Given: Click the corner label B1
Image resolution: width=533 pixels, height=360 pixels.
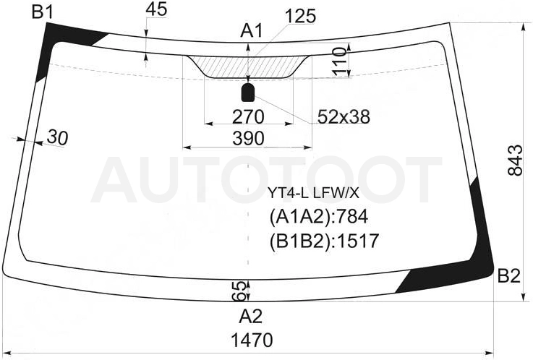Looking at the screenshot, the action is (42, 12).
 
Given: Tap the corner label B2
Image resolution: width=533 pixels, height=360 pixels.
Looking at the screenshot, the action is (509, 276).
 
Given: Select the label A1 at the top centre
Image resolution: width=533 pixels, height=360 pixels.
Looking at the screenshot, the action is (252, 31).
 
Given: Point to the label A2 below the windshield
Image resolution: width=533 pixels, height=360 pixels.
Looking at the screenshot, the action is (250, 317).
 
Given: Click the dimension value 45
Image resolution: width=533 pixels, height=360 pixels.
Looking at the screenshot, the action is (156, 9).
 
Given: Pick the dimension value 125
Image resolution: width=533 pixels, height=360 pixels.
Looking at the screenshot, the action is (301, 17).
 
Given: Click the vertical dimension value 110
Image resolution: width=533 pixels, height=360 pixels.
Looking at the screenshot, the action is (338, 61).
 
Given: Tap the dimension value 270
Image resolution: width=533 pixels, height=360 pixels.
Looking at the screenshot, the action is (248, 117).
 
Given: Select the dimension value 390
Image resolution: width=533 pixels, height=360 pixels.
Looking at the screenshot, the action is (248, 139).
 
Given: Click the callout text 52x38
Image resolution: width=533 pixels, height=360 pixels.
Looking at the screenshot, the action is (344, 117).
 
